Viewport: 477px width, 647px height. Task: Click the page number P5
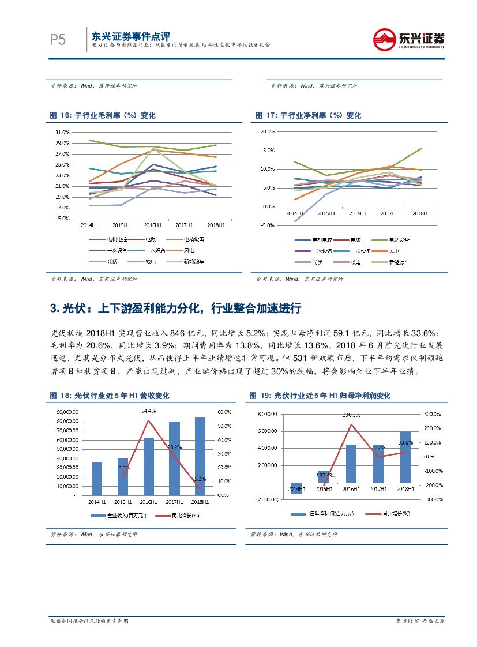pyautogui.click(x=58, y=40)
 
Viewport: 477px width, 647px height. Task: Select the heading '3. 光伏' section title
pyautogui.click(x=176, y=309)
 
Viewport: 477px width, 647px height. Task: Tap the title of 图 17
pyautogui.click(x=308, y=116)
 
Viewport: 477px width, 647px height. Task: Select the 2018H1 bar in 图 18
pyautogui.click(x=200, y=456)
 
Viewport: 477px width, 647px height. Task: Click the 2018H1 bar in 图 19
pyautogui.click(x=405, y=457)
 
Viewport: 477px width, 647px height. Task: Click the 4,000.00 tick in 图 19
pyautogui.click(x=268, y=448)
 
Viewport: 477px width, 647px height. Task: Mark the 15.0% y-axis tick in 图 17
pyautogui.click(x=266, y=151)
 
